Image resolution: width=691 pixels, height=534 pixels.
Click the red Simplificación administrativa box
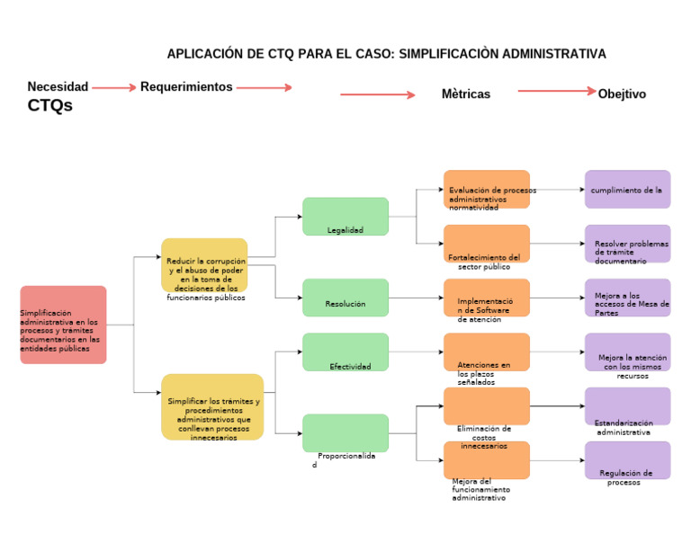(63, 325)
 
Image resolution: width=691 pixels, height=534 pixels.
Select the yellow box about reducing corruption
(204, 265)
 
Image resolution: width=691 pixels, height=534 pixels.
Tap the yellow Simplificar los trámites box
(212, 406)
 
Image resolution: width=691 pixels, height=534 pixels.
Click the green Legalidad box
(345, 217)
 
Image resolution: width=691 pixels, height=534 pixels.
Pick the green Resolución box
(345, 298)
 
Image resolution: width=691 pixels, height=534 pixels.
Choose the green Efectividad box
(345, 352)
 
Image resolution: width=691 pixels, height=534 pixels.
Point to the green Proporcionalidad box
(345, 432)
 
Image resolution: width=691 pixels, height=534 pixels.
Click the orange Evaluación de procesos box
(486, 190)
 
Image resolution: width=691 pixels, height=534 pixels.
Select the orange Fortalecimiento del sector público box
(486, 244)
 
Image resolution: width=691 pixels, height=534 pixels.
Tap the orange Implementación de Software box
(486, 298)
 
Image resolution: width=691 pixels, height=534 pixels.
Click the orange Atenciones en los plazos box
(486, 352)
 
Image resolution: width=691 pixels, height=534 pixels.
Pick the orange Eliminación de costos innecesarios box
(486, 406)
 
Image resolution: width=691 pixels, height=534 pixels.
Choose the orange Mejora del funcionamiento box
(486, 460)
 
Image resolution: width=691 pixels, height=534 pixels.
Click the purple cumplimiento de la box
(627, 190)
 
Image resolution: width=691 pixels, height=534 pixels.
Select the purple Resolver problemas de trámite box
(627, 244)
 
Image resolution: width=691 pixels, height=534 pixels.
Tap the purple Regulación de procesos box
(627, 460)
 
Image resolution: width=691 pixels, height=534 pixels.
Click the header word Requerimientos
(186, 87)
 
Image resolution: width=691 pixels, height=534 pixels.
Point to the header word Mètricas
(466, 93)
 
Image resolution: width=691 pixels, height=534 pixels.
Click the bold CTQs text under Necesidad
(50, 106)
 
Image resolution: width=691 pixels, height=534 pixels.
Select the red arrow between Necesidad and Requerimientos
(113, 88)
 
